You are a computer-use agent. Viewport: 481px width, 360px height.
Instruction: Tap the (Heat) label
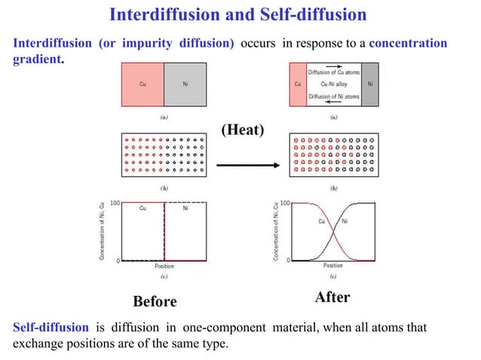pyautogui.click(x=242, y=130)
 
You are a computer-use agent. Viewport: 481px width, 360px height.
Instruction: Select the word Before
pyautogui.click(x=155, y=301)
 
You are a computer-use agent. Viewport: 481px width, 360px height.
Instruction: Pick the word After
pyautogui.click(x=332, y=297)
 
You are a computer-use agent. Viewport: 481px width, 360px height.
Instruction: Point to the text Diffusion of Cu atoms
pyautogui.click(x=334, y=72)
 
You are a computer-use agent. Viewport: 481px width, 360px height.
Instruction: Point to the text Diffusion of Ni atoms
pyautogui.click(x=334, y=98)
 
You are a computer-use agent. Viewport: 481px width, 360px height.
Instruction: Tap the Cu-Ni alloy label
pyautogui.click(x=334, y=84)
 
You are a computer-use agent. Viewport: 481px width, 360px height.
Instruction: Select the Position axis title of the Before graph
pyautogui.click(x=164, y=266)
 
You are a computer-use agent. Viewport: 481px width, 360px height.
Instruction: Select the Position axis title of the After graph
pyautogui.click(x=333, y=265)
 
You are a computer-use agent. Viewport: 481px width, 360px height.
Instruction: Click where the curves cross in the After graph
pyautogui.click(x=333, y=231)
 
